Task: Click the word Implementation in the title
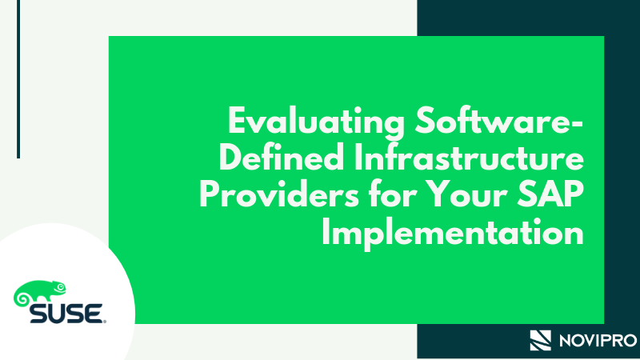pos(457,233)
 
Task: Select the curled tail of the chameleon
pos(22,299)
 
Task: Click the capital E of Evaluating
pos(236,125)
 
